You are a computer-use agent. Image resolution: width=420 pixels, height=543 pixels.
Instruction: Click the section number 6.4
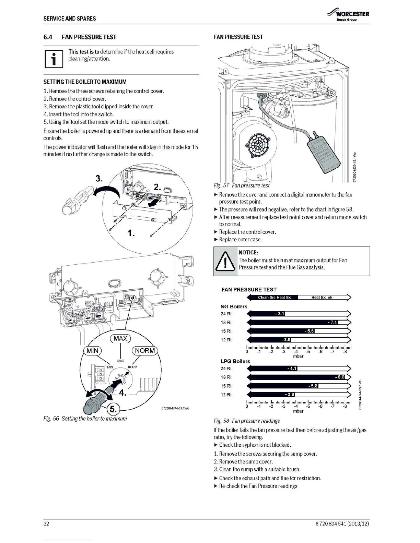point(48,37)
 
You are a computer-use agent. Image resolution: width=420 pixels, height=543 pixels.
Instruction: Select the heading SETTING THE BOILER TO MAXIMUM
point(85,82)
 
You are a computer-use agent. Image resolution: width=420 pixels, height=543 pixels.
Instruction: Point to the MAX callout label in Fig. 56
point(120,338)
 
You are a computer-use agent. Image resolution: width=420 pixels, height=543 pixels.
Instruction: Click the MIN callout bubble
point(92,350)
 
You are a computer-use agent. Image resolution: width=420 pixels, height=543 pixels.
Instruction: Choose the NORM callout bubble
point(145,350)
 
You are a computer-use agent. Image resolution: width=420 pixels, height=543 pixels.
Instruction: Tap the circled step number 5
point(113,409)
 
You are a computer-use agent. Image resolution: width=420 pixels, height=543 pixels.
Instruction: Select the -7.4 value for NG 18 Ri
point(332,322)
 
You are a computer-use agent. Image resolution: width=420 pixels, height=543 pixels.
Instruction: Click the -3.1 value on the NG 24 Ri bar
point(280,313)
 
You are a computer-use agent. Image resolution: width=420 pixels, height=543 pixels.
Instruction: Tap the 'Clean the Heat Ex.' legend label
point(274,297)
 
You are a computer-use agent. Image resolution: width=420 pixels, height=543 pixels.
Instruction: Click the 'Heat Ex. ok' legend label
point(322,297)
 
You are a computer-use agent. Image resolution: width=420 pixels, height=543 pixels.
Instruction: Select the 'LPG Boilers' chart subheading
point(235,361)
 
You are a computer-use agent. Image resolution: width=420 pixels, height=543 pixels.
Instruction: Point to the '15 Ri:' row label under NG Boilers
point(226,331)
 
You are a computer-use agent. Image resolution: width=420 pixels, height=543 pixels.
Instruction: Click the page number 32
point(46,524)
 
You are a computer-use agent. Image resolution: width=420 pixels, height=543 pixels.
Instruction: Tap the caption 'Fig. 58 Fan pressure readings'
point(246,421)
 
